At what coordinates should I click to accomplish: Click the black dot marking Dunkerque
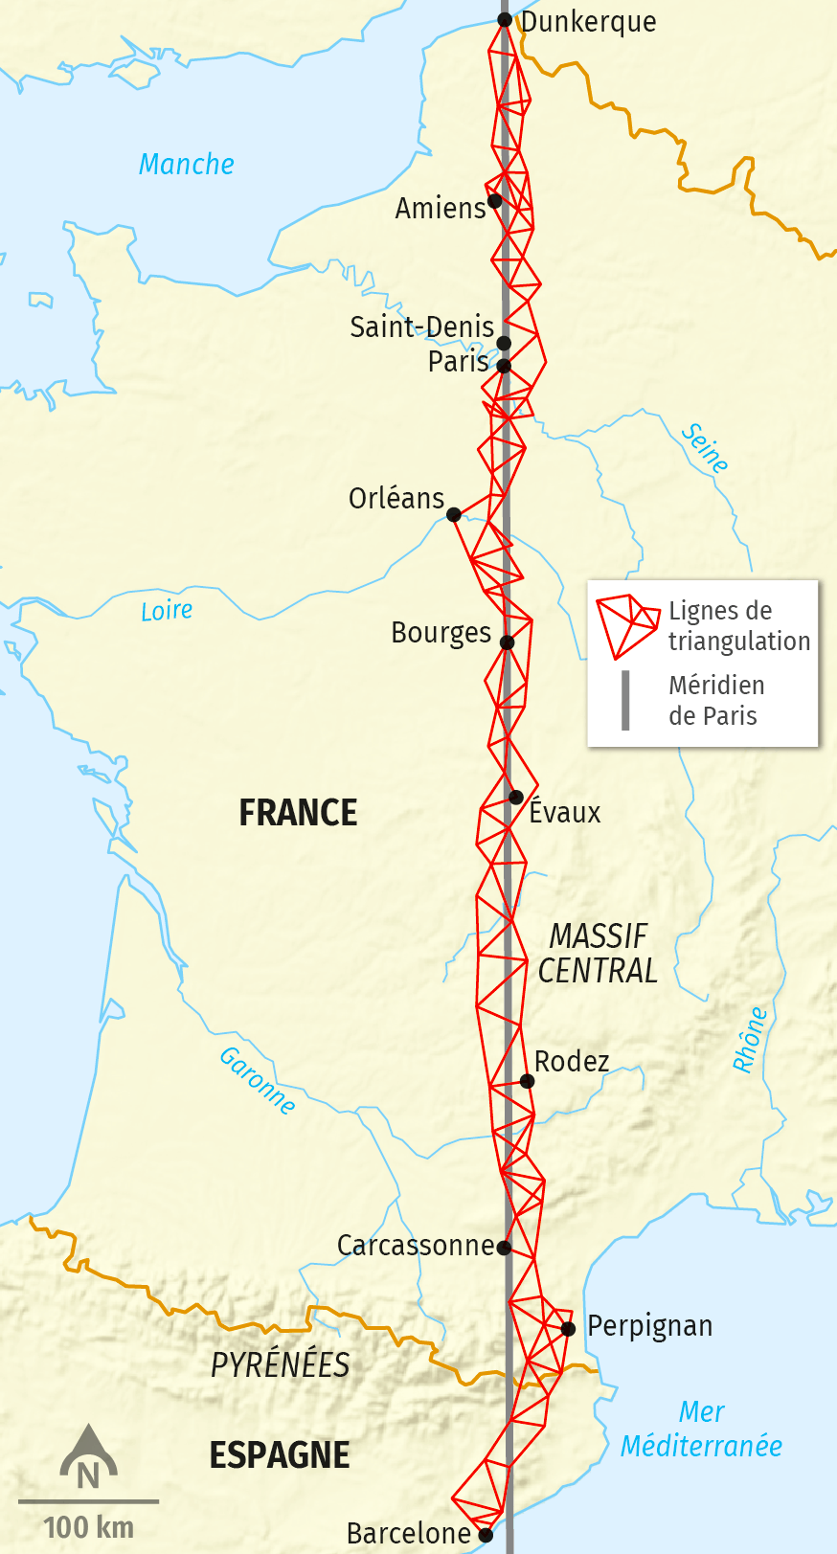point(505,20)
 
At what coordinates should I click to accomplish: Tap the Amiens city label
point(441,208)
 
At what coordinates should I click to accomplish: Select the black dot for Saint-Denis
point(504,343)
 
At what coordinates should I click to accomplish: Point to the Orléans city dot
point(454,514)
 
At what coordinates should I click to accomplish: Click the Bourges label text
point(441,633)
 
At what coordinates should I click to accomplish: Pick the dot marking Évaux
point(516,797)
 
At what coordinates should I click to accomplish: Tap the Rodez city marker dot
point(527,1081)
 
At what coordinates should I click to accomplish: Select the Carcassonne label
point(416,1246)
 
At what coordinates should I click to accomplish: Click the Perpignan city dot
point(568,1328)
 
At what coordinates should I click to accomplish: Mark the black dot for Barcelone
point(486,1535)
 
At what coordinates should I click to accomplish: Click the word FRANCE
point(298,813)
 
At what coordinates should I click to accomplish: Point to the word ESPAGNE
point(280,1455)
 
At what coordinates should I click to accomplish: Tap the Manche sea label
point(187,165)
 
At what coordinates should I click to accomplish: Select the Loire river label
point(167,611)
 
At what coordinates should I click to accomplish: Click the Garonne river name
point(257,1080)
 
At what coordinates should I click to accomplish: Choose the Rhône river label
point(749,1039)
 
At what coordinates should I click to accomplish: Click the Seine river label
point(705,448)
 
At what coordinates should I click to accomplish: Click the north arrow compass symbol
point(88,1455)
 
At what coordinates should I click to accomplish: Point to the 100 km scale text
point(89,1527)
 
